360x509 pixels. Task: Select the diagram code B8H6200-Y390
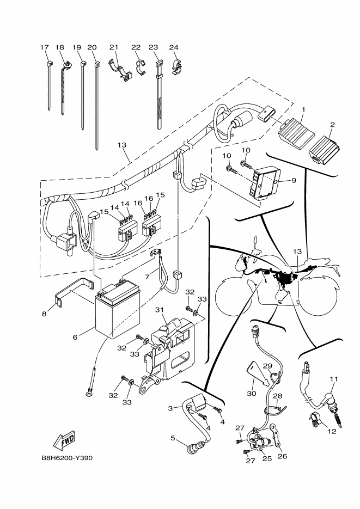67,458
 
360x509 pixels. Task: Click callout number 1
303,109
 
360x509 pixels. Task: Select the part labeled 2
322,148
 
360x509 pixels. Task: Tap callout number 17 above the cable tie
44,47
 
